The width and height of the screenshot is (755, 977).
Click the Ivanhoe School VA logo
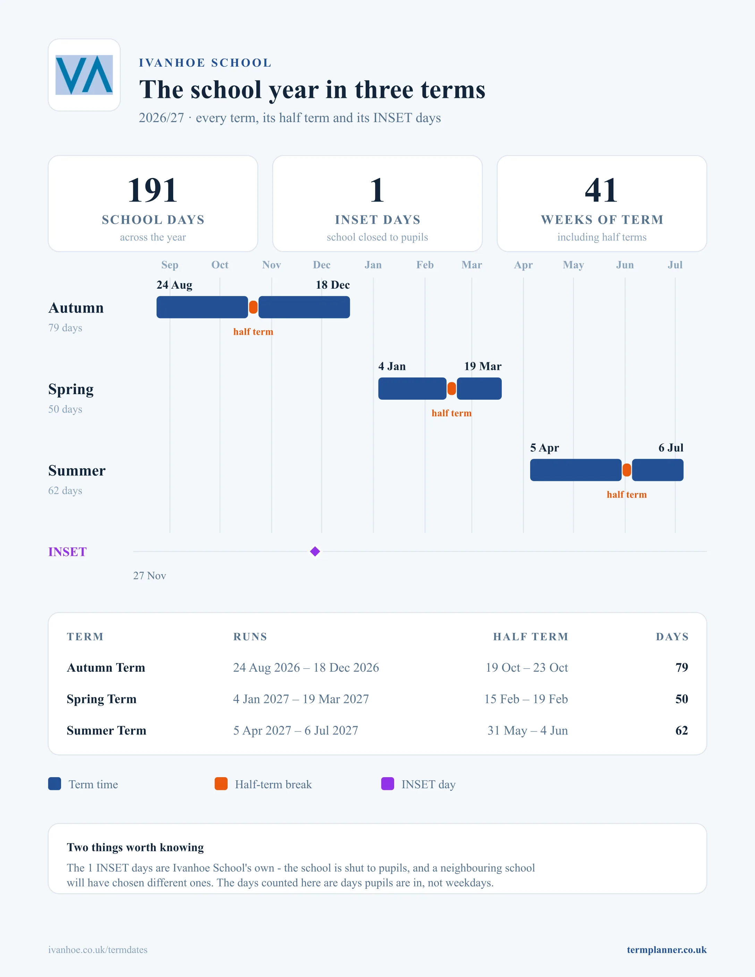pos(84,75)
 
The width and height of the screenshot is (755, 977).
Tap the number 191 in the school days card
pos(153,190)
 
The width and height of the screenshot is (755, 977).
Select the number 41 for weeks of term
pos(602,190)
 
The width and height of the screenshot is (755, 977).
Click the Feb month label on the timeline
pos(425,265)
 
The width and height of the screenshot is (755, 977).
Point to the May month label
pos(574,265)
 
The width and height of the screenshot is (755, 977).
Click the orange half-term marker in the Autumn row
pos(253,307)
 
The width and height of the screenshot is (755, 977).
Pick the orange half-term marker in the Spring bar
pos(452,389)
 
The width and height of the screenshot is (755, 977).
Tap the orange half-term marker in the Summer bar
pos(627,470)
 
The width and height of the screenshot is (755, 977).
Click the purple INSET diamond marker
pos(315,552)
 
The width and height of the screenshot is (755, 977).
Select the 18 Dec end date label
pos(333,285)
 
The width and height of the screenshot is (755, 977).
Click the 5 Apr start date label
pos(544,448)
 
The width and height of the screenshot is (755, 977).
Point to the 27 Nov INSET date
pos(150,576)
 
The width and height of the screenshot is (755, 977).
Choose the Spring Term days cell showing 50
pos(682,699)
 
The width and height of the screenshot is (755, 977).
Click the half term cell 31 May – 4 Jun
pos(527,731)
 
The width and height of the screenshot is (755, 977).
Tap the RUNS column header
pos(250,637)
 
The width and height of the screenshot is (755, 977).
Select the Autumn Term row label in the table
pos(106,668)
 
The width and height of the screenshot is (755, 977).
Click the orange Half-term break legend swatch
pos(221,784)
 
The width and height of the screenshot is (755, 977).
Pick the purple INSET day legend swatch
pos(387,784)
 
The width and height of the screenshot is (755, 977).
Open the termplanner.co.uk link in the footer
pos(667,950)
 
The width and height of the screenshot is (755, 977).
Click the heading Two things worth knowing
pos(135,847)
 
